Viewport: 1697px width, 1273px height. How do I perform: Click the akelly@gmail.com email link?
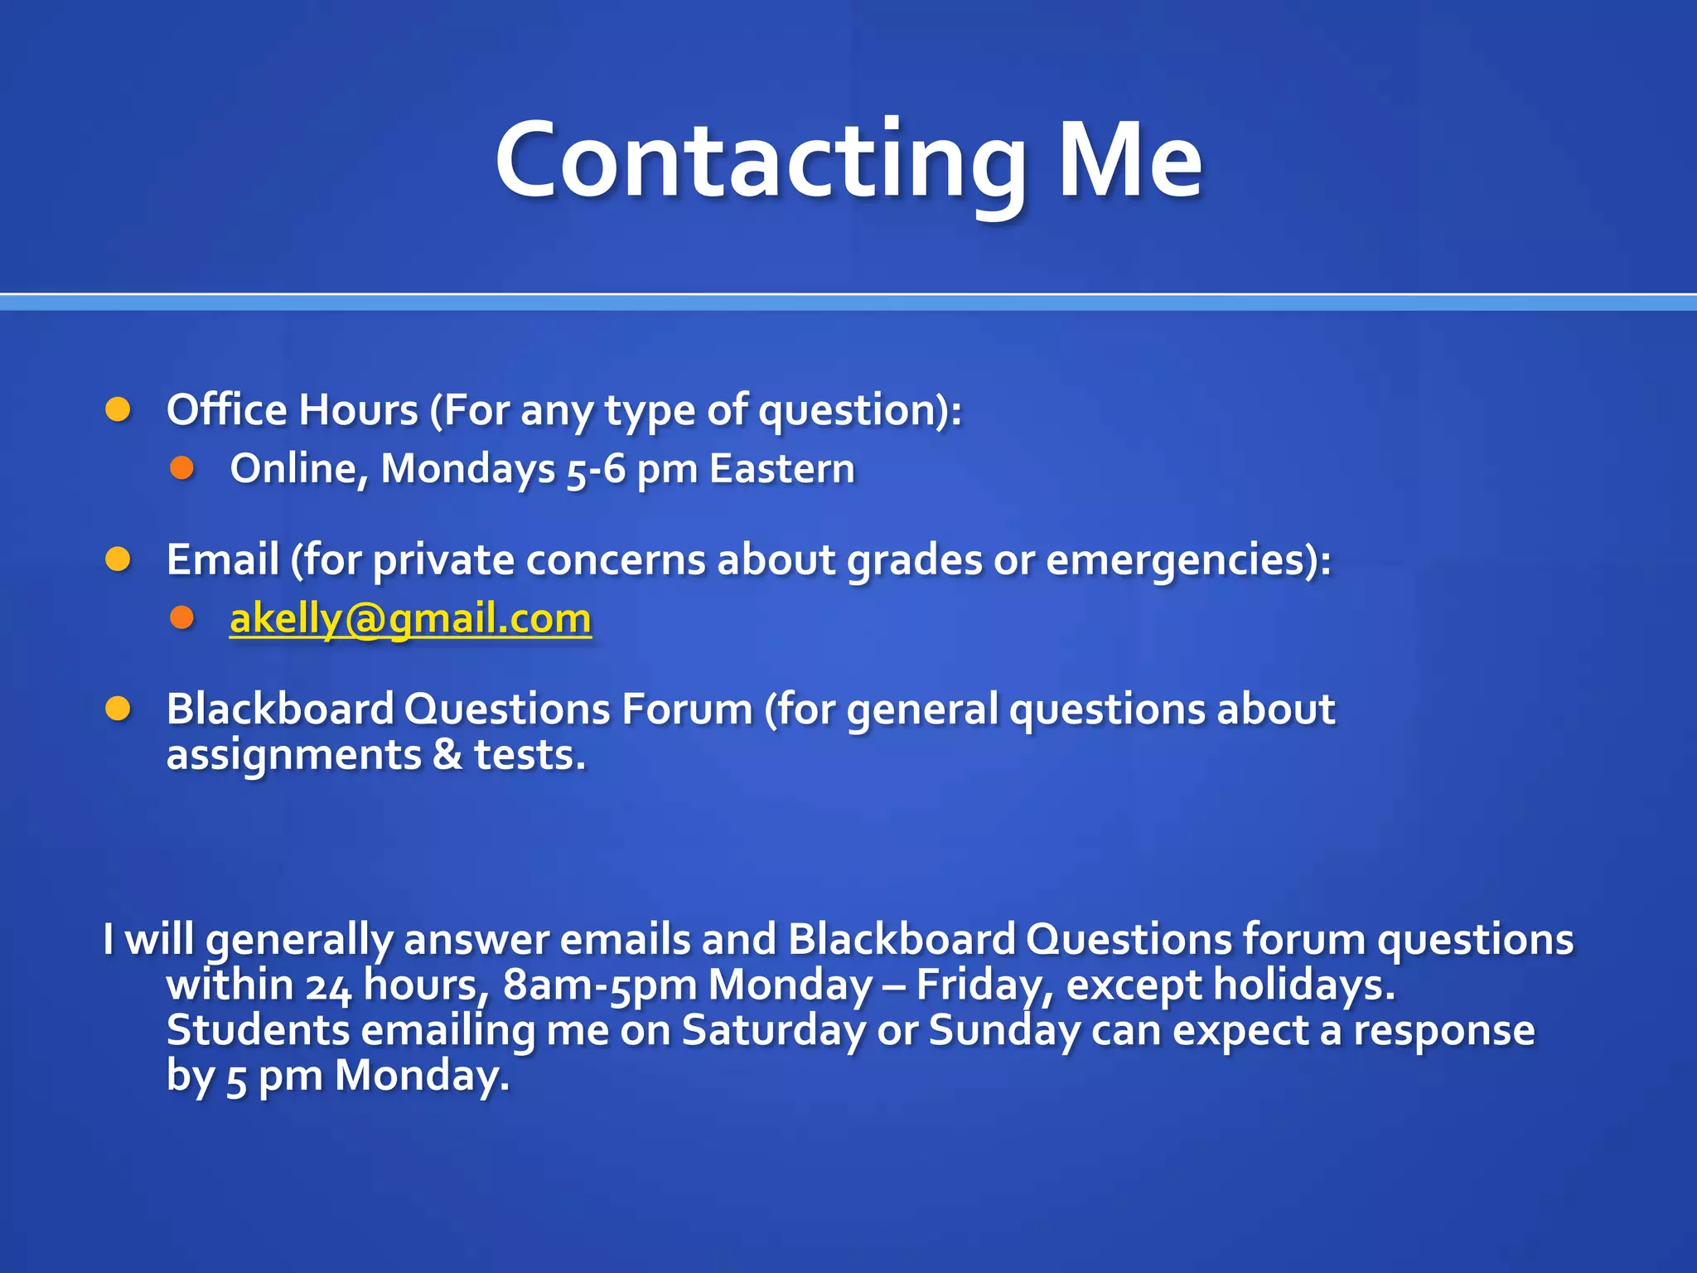[410, 619]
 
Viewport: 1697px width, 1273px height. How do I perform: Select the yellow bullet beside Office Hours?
[118, 409]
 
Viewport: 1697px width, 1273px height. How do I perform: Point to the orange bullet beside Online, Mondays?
[181, 469]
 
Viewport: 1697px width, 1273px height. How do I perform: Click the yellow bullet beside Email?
[118, 560]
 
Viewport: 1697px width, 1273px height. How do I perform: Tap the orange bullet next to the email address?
[181, 618]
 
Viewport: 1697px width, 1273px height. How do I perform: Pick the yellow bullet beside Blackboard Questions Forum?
[118, 709]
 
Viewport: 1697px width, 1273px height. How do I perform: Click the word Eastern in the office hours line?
[781, 469]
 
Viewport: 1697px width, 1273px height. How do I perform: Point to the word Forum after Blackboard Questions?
[687, 709]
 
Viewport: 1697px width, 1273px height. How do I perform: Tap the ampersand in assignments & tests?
[447, 755]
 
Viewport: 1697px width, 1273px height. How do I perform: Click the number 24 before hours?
[329, 986]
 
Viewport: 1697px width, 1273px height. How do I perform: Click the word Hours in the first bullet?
[358, 410]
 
